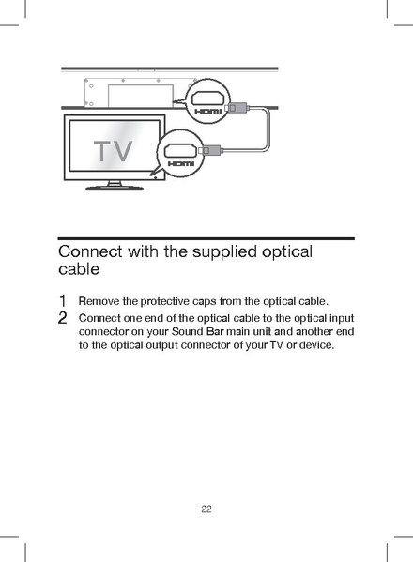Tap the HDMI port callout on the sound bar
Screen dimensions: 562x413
[x=207, y=104]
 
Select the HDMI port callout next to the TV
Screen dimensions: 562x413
[x=180, y=153]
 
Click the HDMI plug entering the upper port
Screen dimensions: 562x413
[x=237, y=107]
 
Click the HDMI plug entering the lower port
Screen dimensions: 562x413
[x=210, y=148]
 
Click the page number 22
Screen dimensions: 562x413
[x=206, y=509]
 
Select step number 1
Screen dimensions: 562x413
[x=62, y=301]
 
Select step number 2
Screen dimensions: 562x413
[x=62, y=318]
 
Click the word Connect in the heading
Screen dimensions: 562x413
[x=92, y=252]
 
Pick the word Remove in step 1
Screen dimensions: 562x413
[x=98, y=301]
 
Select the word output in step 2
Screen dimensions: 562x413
[x=149, y=345]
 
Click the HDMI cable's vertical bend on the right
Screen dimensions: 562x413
[x=269, y=128]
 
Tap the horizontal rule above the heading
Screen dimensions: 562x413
[x=206, y=238]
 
